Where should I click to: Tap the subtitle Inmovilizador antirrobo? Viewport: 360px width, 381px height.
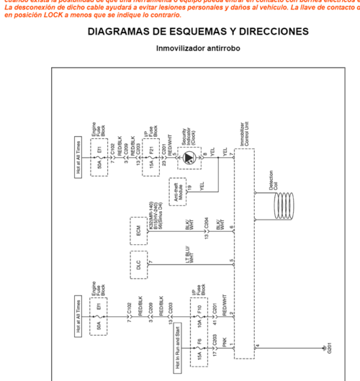pos(198,48)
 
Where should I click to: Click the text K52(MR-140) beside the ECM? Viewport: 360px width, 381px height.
pos(152,215)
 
